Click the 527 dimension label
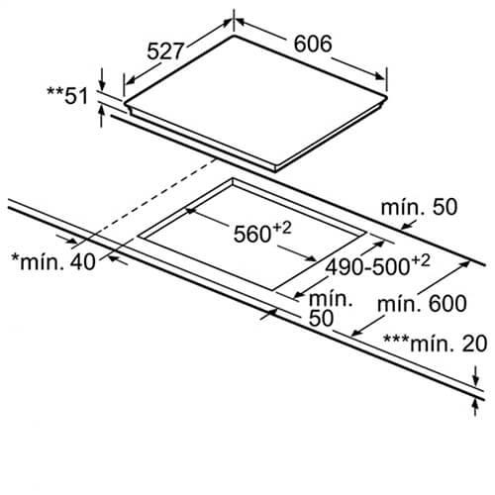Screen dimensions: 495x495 click(164, 51)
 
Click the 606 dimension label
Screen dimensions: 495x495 click(313, 44)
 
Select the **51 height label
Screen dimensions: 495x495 click(67, 96)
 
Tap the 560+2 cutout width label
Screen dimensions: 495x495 click(262, 233)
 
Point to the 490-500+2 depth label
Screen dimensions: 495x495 click(377, 265)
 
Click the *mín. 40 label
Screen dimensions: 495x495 click(53, 261)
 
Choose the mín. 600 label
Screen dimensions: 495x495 click(422, 304)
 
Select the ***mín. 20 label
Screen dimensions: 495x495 click(436, 344)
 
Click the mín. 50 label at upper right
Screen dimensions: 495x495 click(419, 207)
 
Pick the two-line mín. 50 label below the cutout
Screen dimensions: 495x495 click(331, 309)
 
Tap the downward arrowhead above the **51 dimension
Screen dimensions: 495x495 click(102, 85)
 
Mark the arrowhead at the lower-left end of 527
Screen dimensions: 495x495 click(131, 80)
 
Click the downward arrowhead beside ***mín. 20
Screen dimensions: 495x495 click(475, 380)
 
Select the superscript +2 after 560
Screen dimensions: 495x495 click(282, 228)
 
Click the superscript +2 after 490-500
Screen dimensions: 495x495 click(421, 260)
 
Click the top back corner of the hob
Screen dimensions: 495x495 click(234, 36)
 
